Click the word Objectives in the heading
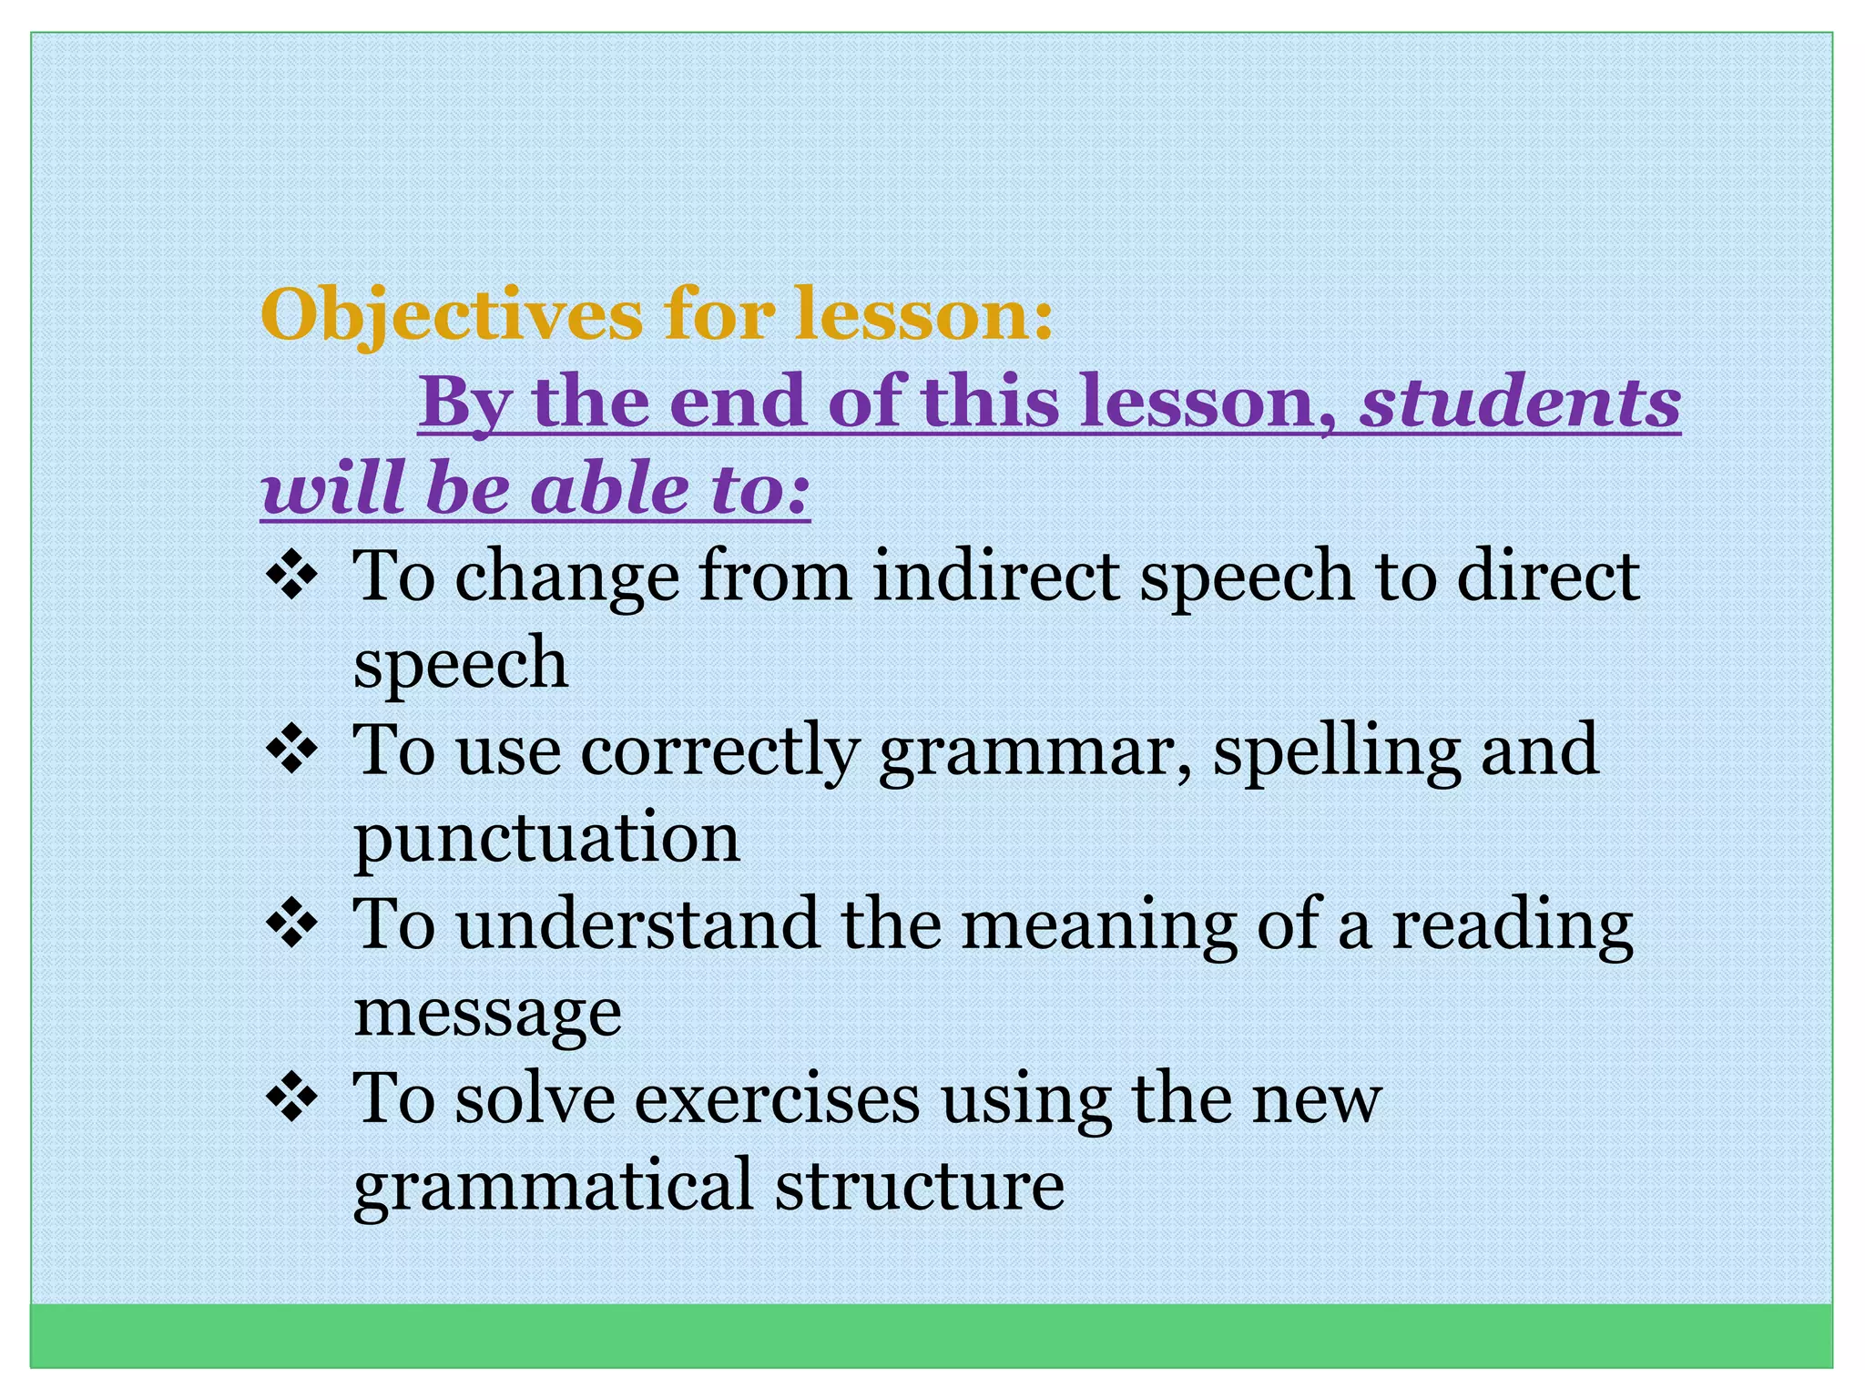coord(451,315)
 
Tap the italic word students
coord(1519,402)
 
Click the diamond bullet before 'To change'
coord(291,577)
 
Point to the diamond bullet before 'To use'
coord(291,751)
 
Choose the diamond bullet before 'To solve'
coord(291,1098)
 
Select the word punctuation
coord(546,838)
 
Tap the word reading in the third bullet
coord(1512,926)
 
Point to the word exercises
coord(777,1098)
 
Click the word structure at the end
coord(920,1184)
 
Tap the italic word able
coord(610,488)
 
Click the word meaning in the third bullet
coord(1098,926)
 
